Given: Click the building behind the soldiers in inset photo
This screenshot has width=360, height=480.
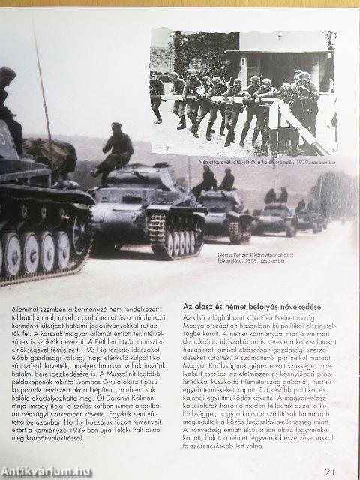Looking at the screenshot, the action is tap(281, 64).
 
